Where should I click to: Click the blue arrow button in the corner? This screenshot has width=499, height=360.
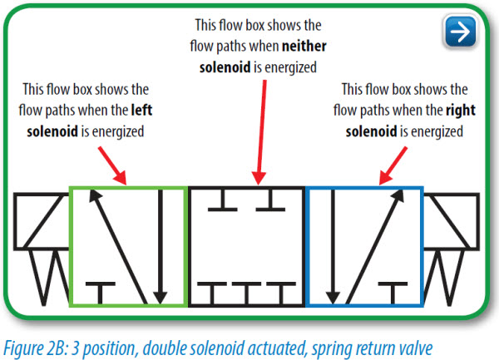click(457, 32)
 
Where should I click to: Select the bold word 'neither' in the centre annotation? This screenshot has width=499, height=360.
click(311, 45)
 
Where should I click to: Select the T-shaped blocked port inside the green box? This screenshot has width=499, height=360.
click(101, 291)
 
